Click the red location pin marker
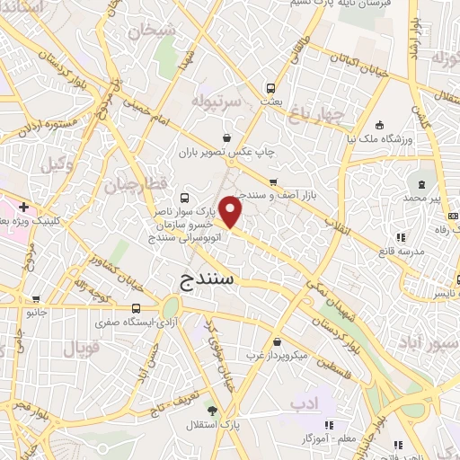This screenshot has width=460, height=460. (232, 213)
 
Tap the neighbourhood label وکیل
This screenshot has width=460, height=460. (56, 164)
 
